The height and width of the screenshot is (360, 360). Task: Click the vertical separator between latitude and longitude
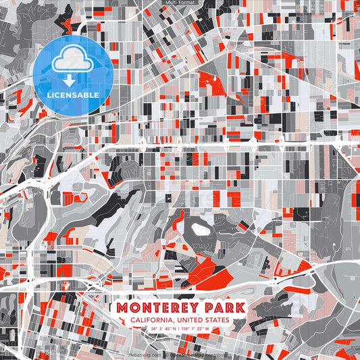click(x=180, y=329)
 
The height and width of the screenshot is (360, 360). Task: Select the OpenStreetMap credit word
click(x=187, y=354)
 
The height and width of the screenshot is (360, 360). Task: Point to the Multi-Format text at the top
click(x=180, y=3)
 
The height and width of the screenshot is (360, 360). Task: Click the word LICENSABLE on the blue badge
click(x=74, y=95)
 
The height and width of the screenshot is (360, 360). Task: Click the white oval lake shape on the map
click(x=199, y=230)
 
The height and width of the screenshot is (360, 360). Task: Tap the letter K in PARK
click(x=240, y=308)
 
